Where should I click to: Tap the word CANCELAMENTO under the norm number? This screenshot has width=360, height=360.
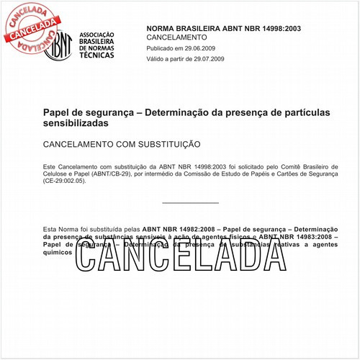coord(176,37)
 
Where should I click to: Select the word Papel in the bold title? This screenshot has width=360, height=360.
coord(57,113)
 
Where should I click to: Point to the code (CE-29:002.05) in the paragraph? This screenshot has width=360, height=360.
coord(64,181)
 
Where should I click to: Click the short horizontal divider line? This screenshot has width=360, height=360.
coord(190,203)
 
